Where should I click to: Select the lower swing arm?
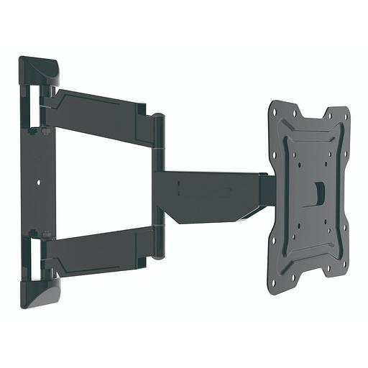[x=101, y=247]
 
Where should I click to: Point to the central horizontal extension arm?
[x=208, y=190]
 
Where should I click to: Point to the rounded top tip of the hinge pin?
[x=159, y=117]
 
